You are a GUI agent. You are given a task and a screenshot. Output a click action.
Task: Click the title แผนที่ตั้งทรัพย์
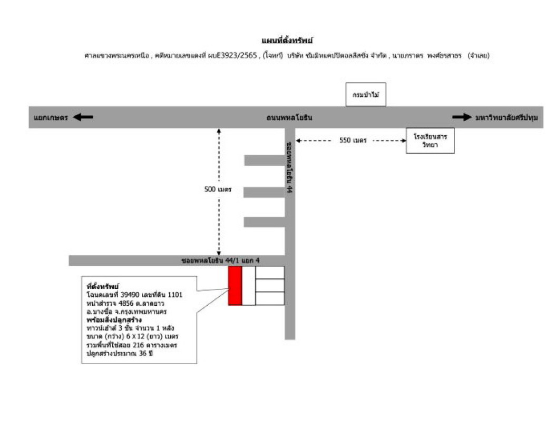pyautogui.click(x=288, y=41)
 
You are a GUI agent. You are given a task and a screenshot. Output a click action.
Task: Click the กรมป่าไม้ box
pyautogui.click(x=366, y=95)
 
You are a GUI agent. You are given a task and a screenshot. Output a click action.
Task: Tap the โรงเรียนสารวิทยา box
pyautogui.click(x=430, y=141)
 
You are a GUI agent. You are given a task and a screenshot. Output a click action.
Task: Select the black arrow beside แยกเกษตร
pyautogui.click(x=83, y=117)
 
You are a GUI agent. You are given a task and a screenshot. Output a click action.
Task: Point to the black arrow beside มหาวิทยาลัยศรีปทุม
pyautogui.click(x=462, y=117)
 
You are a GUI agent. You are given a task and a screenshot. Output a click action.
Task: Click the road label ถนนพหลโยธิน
pyautogui.click(x=289, y=117)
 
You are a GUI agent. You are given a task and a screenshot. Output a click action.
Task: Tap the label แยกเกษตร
pyautogui.click(x=51, y=117)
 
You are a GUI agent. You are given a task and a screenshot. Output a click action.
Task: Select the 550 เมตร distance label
pyautogui.click(x=353, y=141)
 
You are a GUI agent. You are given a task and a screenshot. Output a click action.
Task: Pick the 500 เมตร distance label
pyautogui.click(x=218, y=189)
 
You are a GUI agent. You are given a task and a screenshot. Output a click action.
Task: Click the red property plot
pyautogui.click(x=235, y=285)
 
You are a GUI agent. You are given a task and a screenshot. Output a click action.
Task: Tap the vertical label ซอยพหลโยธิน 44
pyautogui.click(x=289, y=167)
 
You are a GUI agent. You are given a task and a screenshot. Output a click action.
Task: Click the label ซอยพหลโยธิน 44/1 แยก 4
pyautogui.click(x=220, y=260)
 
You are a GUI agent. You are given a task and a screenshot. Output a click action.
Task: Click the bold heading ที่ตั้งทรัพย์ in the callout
pyautogui.click(x=103, y=286)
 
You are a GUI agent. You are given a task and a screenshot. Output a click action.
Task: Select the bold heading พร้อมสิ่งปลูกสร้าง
pyautogui.click(x=114, y=319)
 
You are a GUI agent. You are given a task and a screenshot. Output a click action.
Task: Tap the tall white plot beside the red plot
pyautogui.click(x=249, y=285)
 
